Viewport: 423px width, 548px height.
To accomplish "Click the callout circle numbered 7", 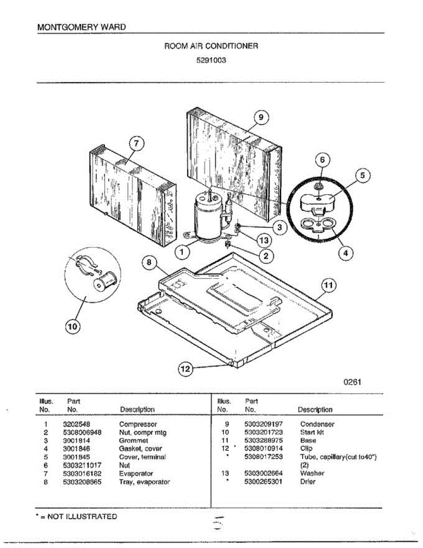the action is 136,143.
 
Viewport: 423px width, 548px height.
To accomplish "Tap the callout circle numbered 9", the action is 261,118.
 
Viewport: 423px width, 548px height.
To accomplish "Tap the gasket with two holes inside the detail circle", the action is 318,226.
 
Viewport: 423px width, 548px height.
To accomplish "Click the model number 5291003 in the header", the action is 211,59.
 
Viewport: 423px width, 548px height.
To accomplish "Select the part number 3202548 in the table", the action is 77,424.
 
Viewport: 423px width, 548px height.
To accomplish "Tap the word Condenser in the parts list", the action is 317,424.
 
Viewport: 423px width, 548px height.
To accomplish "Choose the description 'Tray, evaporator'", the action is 144,482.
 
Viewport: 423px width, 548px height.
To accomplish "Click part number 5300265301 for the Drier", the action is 263,481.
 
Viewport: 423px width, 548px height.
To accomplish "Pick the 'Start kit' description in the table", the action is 312,432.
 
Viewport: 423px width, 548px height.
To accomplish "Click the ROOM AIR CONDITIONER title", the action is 211,46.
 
